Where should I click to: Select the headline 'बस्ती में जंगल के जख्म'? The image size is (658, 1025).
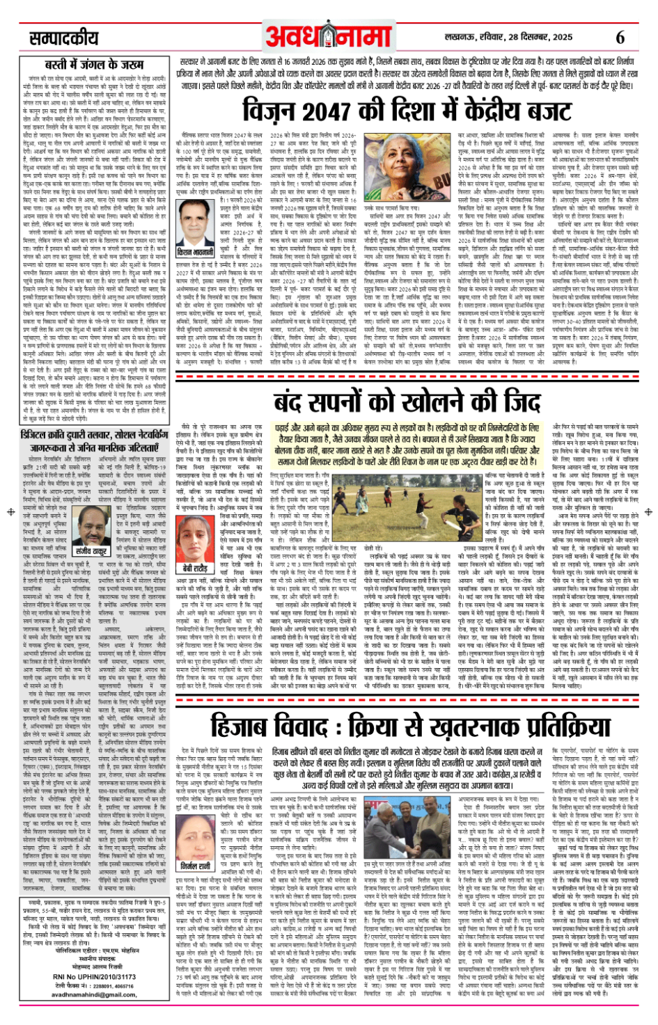[x=94, y=65]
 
